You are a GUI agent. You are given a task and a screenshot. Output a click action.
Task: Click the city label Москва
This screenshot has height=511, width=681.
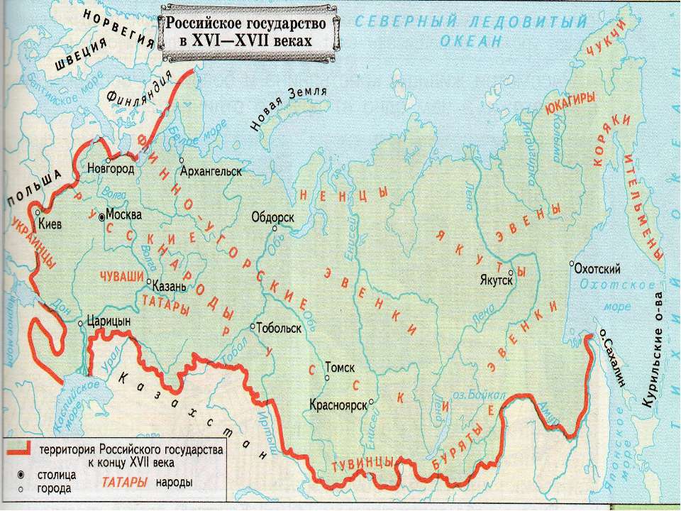[x=124, y=214]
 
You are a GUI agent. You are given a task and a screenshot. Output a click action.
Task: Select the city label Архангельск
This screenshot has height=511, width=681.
[x=212, y=171]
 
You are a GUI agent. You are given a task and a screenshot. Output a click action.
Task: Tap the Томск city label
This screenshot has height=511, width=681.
[x=338, y=368]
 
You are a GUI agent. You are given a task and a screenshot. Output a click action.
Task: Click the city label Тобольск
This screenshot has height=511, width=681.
[x=279, y=329]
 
